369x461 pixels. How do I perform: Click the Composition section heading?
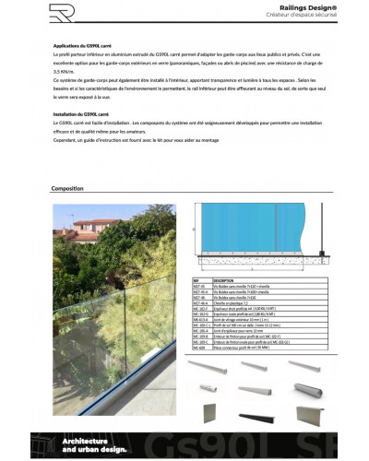click(69, 187)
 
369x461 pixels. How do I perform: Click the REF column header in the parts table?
click(196, 279)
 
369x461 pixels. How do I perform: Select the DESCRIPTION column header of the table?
click(224, 279)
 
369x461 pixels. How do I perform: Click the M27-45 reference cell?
click(199, 285)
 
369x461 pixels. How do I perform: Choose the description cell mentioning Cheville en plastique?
click(232, 303)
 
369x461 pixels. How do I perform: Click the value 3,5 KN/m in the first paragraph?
click(63, 70)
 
